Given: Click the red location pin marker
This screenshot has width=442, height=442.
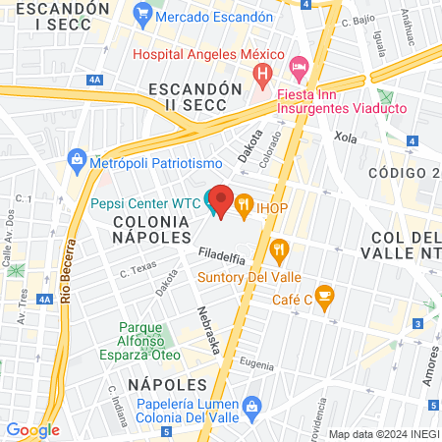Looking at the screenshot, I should tap(222, 201).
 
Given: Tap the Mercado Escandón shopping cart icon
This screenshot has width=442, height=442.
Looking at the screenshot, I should tap(143, 17).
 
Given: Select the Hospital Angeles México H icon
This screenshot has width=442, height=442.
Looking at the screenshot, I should tap(262, 74).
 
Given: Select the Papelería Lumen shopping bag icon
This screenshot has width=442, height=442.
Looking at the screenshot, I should tap(252, 405).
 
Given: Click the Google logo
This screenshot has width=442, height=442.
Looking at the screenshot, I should tap(32, 429).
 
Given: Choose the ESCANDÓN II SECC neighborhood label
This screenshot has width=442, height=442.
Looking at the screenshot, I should tap(193, 98).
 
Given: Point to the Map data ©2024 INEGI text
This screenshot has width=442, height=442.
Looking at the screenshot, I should tap(383, 434).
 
